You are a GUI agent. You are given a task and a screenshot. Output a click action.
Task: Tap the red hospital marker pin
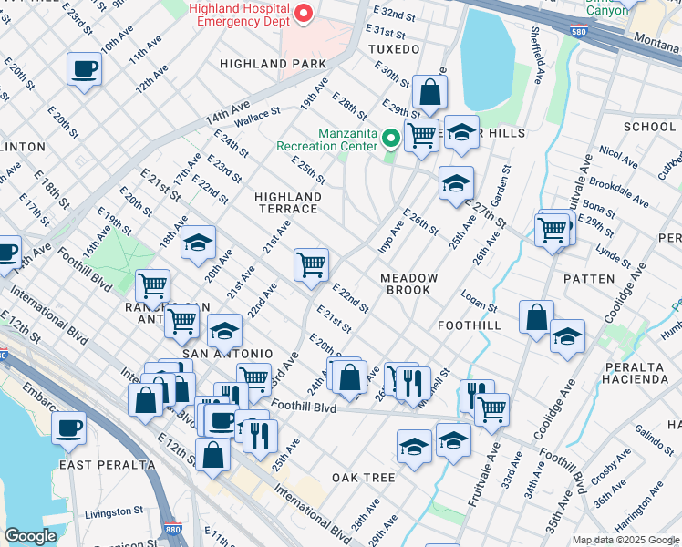pyautogui.click(x=305, y=14)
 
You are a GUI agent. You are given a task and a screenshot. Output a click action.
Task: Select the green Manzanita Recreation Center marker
pyautogui.click(x=392, y=139)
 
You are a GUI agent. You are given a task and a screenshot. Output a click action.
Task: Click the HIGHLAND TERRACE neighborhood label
pyautogui.click(x=288, y=202)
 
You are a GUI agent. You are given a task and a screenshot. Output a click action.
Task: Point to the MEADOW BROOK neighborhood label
pyautogui.click(x=409, y=284)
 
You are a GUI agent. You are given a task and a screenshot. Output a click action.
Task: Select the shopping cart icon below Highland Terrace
pyautogui.click(x=311, y=265)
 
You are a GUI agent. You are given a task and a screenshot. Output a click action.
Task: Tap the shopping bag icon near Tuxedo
pyautogui.click(x=429, y=93)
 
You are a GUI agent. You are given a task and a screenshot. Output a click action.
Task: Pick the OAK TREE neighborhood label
pyautogui.click(x=363, y=478)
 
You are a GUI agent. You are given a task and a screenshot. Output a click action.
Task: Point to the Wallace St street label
pyautogui.click(x=256, y=117)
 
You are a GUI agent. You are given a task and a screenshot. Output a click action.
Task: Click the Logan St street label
pyautogui.click(x=478, y=303)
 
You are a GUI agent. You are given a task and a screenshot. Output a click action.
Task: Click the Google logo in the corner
pyautogui.click(x=30, y=536)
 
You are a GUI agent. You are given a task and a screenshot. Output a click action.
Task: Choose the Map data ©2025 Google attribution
pyautogui.click(x=625, y=541)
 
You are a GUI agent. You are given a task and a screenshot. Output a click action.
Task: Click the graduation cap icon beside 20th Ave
pyautogui.click(x=198, y=244)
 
